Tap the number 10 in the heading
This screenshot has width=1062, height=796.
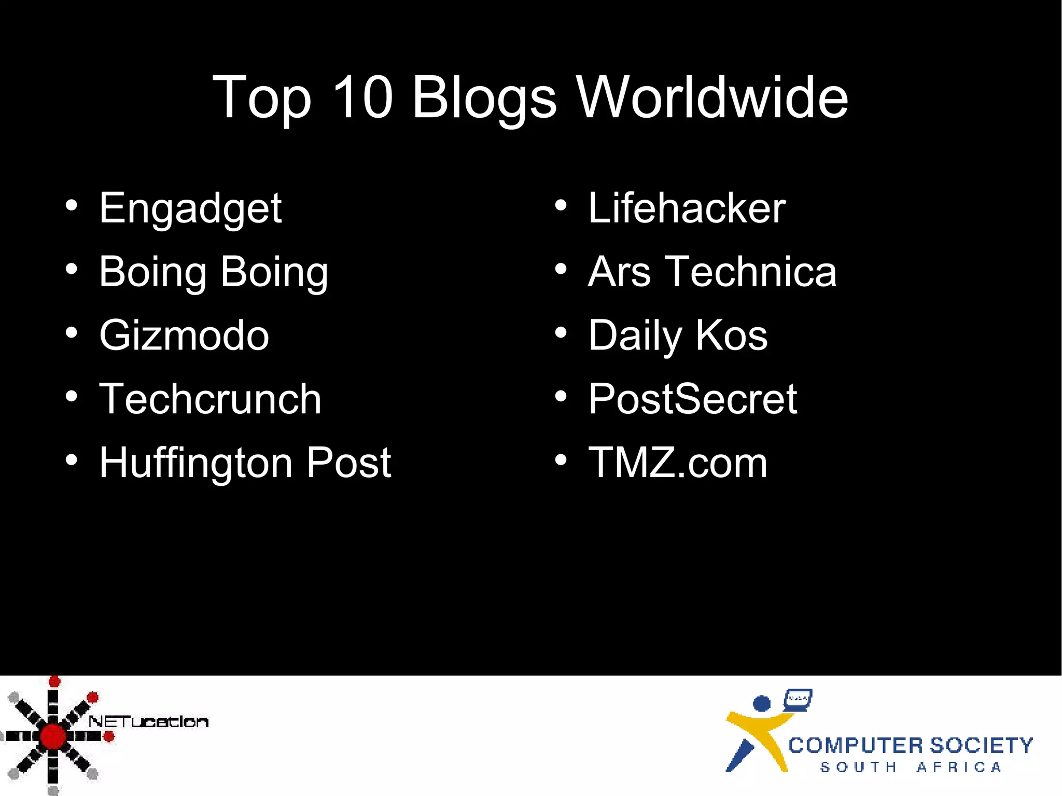pos(362,97)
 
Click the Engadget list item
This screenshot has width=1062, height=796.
pos(190,208)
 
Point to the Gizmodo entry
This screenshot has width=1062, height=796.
pos(184,336)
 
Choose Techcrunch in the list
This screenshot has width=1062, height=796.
pos(210,399)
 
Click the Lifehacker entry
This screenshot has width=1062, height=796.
pos(687,208)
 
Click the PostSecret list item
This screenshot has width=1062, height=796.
pos(692,399)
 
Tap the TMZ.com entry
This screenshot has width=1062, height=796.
pos(677,463)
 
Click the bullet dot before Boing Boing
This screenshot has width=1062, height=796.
pos(72,269)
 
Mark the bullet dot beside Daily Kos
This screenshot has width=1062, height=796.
pos(561,333)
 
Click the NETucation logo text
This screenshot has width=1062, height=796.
pos(148,721)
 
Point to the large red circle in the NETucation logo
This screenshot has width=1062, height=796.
pos(52,736)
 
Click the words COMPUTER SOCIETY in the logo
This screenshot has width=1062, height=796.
pos(910,746)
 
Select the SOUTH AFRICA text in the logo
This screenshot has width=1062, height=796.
pos(910,767)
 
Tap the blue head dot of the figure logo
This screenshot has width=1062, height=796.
pos(761,704)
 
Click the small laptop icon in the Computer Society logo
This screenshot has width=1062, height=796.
pos(798,699)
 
